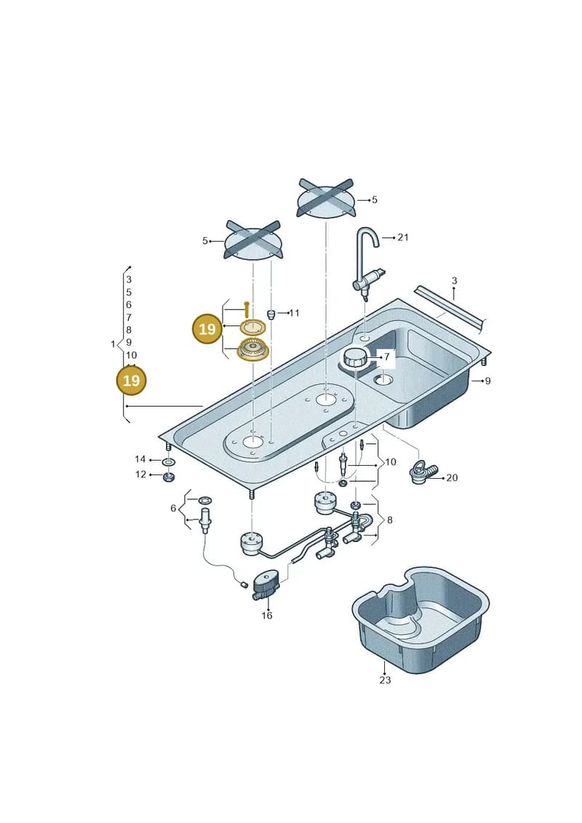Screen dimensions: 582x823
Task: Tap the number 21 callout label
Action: (x=402, y=237)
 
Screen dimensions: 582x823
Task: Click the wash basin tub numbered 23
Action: (x=420, y=619)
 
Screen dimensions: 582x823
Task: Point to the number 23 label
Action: (x=385, y=680)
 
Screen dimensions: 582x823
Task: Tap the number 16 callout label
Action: (x=266, y=615)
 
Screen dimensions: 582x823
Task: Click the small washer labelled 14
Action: (x=169, y=462)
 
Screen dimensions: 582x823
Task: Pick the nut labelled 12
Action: (x=169, y=477)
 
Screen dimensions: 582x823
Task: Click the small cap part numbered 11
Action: (x=271, y=314)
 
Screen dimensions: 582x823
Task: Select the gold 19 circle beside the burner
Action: (x=207, y=329)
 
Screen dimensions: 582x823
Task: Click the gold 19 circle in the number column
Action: (x=131, y=380)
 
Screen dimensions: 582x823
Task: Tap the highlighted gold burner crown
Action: (x=252, y=349)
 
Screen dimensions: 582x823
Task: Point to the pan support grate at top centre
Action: (x=325, y=199)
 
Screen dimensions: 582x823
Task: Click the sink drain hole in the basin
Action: (x=384, y=379)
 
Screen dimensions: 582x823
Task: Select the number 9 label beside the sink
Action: (x=487, y=381)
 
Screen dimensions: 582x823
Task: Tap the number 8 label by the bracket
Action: (x=389, y=520)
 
